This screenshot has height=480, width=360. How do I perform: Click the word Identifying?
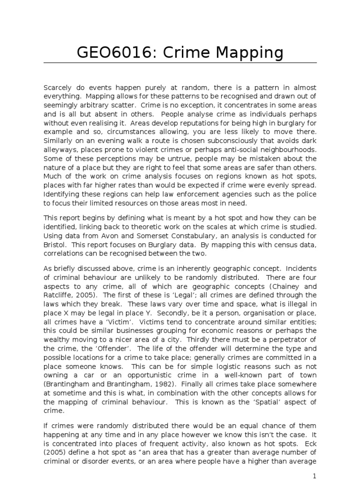tap(61, 195)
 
